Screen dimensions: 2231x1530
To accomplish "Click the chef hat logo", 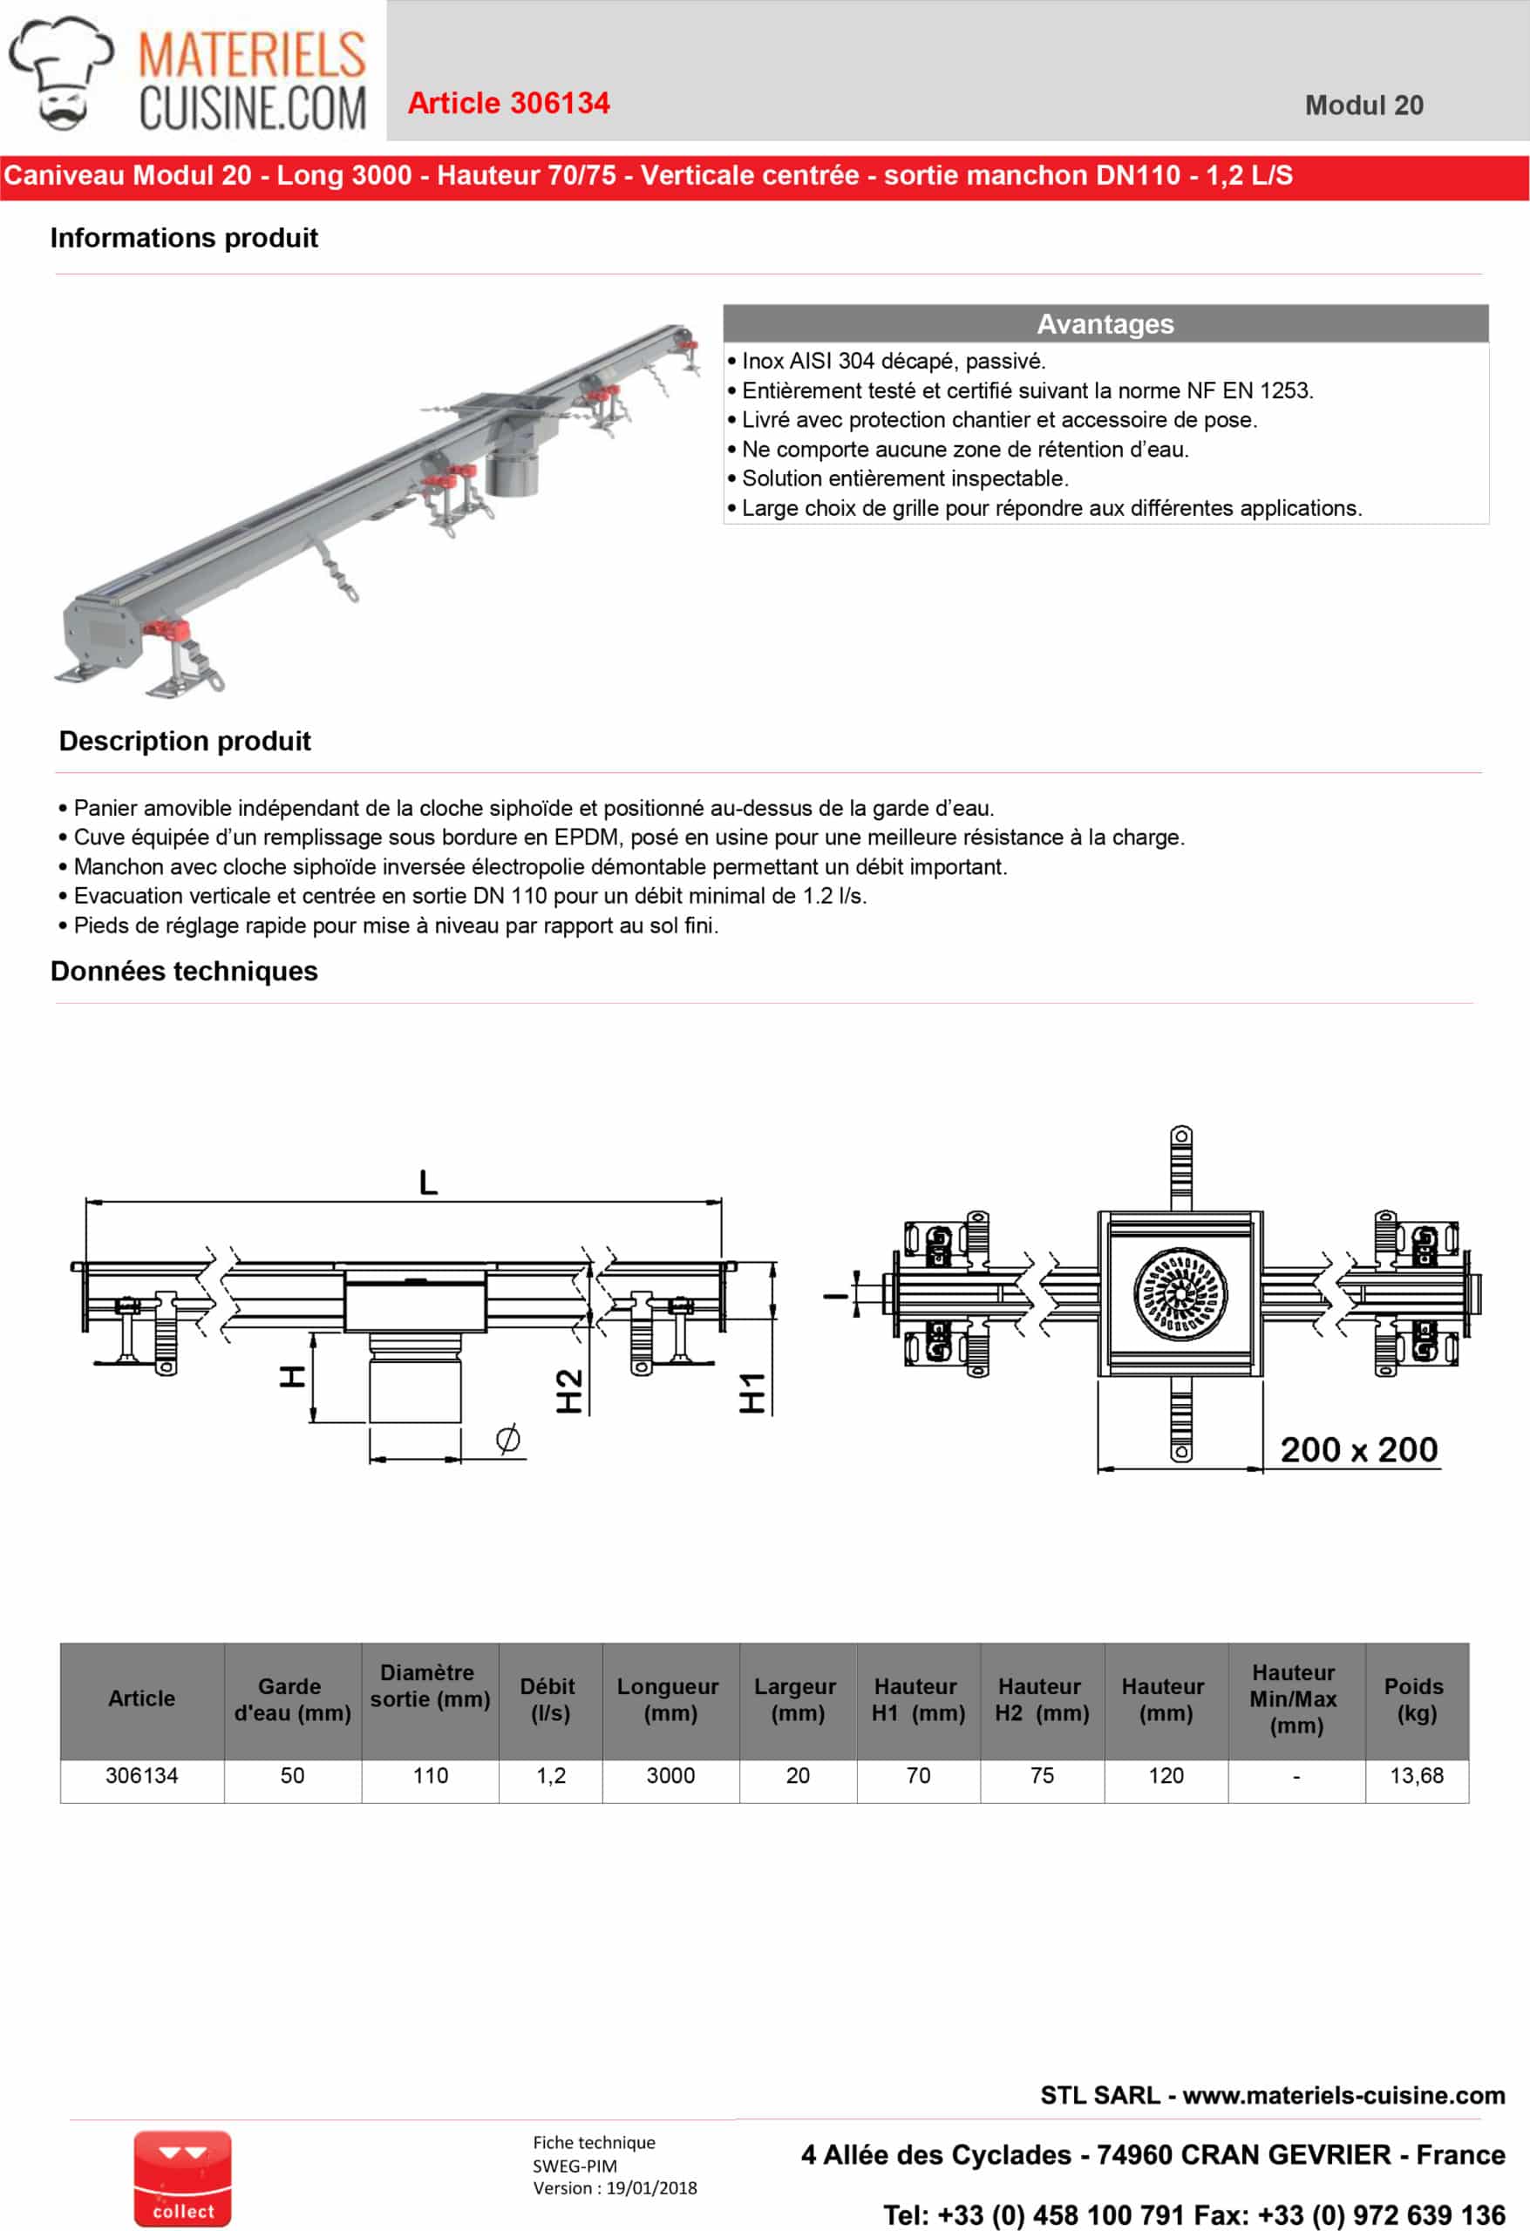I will [x=60, y=72].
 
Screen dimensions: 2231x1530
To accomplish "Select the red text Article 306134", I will [x=508, y=104].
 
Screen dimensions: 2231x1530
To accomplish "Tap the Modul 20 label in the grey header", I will [x=1363, y=105].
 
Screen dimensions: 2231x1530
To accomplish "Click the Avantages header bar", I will [x=1105, y=323].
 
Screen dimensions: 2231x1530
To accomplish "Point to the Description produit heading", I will [x=185, y=741].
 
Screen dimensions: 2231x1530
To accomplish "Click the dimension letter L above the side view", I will [x=428, y=1182].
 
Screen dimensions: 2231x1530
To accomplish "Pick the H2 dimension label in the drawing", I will [x=568, y=1391].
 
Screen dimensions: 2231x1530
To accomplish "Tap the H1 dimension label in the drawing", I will [x=752, y=1393].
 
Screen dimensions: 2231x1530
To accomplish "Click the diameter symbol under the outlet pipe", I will [x=508, y=1438].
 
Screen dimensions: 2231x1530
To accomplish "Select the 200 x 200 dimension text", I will [x=1358, y=1449].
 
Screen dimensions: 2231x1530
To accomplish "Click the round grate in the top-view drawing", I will [x=1180, y=1293].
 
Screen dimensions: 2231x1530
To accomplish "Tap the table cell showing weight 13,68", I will [x=1416, y=1776].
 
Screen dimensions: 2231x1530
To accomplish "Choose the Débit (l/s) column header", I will [x=549, y=1699].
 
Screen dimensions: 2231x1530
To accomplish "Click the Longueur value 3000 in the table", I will [x=670, y=1776].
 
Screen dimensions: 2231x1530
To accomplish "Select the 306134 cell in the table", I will [x=141, y=1776].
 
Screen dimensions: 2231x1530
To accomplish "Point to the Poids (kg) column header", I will [x=1416, y=1699].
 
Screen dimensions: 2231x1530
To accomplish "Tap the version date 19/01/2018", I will [x=651, y=2187].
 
